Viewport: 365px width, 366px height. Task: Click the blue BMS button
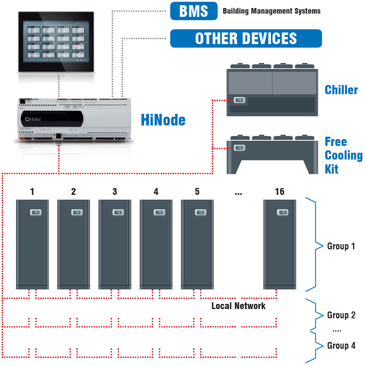[194, 11]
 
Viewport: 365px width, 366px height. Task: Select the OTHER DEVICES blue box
[246, 38]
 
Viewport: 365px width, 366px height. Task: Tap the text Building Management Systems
[271, 11]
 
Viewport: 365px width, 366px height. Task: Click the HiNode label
[163, 120]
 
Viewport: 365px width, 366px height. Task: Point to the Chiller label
[341, 90]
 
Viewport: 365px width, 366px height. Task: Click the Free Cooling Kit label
[343, 155]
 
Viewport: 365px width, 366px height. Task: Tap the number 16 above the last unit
[279, 192]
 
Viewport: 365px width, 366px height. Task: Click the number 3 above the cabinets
[115, 192]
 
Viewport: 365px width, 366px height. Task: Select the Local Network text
[239, 306]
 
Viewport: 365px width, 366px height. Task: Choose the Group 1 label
[341, 246]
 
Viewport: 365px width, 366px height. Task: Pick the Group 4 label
[341, 346]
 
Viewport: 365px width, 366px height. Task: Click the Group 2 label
[341, 315]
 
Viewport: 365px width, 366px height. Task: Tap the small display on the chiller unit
[240, 100]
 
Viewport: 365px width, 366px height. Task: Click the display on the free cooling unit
[239, 148]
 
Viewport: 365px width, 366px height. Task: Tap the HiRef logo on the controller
[34, 119]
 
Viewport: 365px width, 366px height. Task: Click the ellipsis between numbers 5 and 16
[239, 193]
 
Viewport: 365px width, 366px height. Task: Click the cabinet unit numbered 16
[279, 245]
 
